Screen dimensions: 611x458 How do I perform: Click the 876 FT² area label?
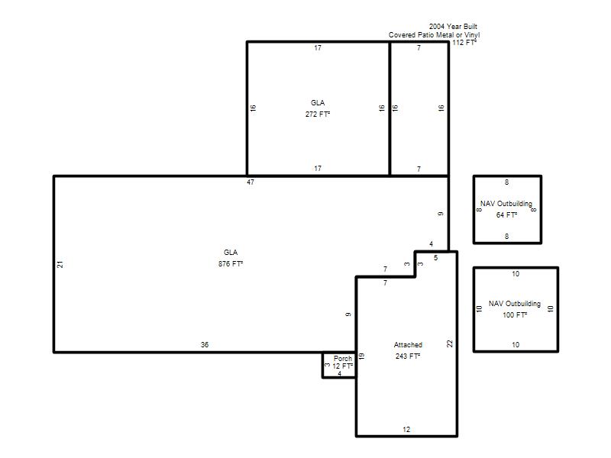231,263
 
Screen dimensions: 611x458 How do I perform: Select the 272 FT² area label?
318,114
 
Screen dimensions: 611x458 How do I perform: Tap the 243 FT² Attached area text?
408,356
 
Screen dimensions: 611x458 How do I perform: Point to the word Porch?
343,358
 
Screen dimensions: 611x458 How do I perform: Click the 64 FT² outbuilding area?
506,214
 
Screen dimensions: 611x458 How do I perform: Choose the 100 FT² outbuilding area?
515,314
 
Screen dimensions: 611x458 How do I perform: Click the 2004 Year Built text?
453,27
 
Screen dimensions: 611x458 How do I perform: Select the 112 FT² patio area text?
464,43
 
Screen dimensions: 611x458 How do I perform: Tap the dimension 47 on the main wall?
251,182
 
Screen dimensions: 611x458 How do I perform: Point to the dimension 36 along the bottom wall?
205,345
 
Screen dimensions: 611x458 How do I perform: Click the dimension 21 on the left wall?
60,264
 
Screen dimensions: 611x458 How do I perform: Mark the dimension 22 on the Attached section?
450,343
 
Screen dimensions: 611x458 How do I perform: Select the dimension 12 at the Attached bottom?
406,430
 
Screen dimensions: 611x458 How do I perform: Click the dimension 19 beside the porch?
361,356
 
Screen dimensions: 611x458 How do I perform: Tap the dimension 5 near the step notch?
435,258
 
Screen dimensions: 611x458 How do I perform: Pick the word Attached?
408,345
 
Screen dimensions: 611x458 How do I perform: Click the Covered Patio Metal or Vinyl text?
434,34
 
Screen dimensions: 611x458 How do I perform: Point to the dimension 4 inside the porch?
339,373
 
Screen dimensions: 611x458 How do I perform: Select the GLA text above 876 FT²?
231,253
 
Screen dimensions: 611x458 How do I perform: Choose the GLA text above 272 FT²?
318,103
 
